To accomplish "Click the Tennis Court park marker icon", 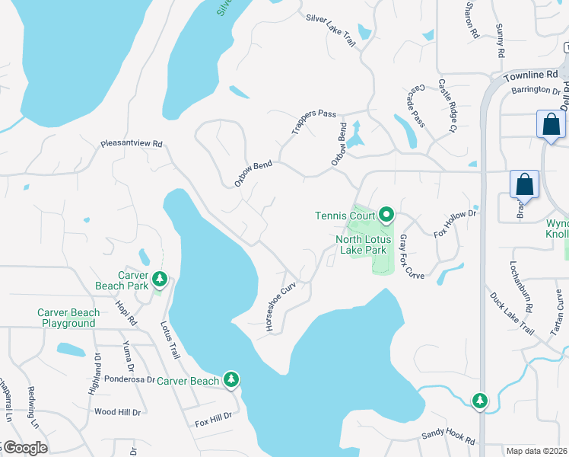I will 386,216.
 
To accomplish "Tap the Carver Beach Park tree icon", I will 160,280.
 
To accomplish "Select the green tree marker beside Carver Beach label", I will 231,380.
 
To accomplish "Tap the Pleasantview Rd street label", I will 132,143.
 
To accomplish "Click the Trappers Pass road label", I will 313,123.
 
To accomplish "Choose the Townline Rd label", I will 530,75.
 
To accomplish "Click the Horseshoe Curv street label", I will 280,305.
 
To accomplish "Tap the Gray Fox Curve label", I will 411,256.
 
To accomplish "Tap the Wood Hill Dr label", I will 117,412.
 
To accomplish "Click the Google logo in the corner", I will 24,448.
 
